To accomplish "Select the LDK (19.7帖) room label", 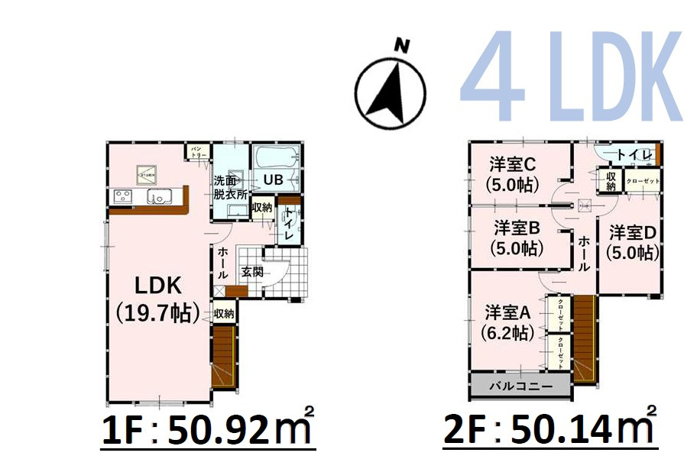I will pos(158,298).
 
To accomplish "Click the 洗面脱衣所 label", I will pos(230,187).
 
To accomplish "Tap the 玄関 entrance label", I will pos(252,272).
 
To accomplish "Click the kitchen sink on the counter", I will pos(161,198).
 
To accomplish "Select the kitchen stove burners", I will pos(122,197).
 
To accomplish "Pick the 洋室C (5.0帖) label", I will pos(512,173).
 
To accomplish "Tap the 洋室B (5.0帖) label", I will pos(517,238).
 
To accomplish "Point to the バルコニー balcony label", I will pos(520,386).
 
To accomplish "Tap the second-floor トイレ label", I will pos(634,155).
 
